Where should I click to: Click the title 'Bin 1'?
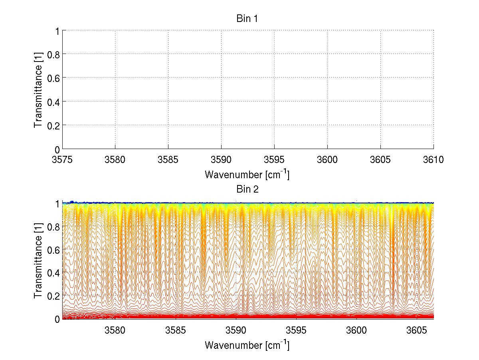coord(247,19)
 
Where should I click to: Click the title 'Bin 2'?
coord(247,189)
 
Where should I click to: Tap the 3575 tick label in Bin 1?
coord(62,160)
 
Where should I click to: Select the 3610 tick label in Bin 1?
coord(433,160)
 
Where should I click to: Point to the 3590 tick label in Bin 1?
coord(221,160)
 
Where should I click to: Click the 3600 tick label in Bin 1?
coord(327,160)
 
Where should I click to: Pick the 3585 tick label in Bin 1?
coord(168,160)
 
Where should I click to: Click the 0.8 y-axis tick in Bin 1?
coord(53,54)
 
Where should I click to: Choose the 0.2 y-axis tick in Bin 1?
coord(53,125)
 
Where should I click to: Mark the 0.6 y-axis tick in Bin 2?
coord(53,250)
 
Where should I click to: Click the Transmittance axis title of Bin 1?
coord(38,90)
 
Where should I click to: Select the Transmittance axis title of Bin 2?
coord(38,260)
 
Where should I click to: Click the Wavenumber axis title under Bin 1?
coord(247,175)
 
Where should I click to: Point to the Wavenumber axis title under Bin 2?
coord(247,345)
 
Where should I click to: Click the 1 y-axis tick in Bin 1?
coord(57,30)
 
